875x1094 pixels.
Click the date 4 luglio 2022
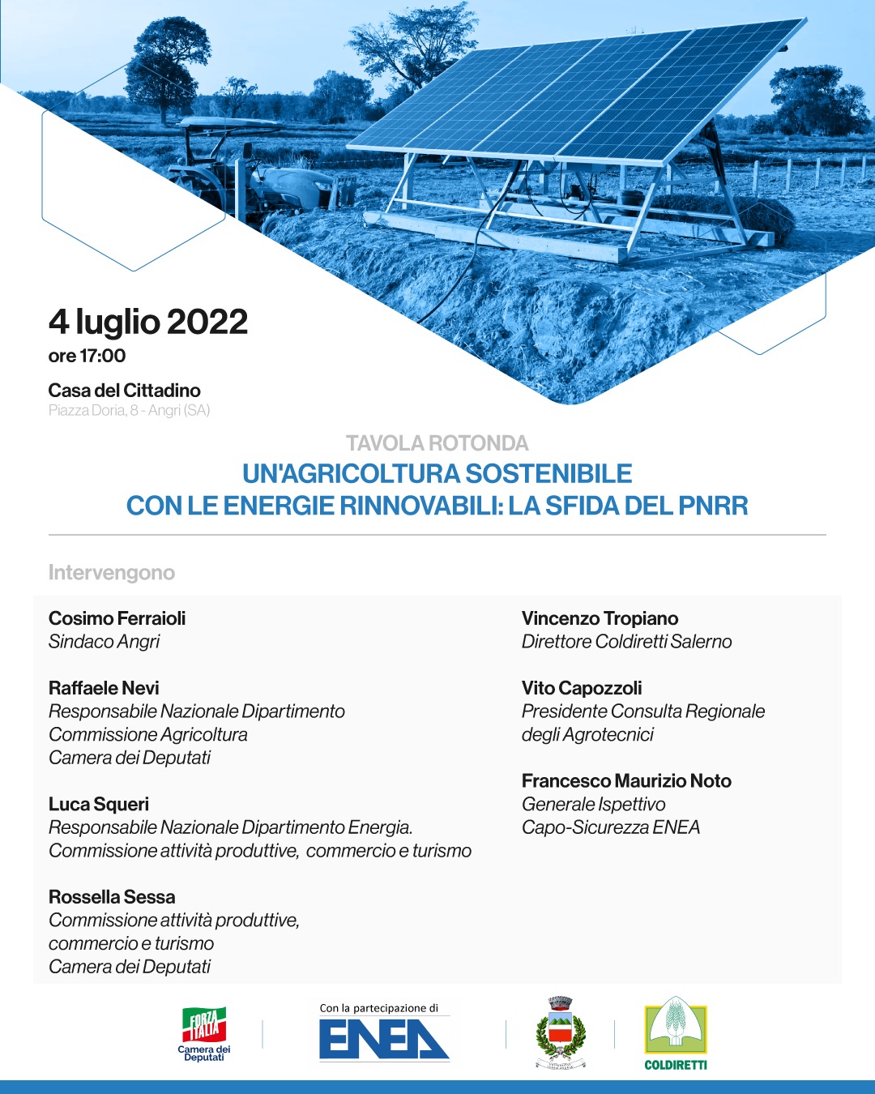tap(148, 322)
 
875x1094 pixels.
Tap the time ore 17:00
tap(87, 356)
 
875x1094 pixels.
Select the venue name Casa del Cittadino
tap(124, 390)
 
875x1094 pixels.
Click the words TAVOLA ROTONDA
tap(437, 443)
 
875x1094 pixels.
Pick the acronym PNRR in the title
tap(713, 506)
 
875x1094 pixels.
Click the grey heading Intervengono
tap(112, 572)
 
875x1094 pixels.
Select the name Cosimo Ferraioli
tap(117, 618)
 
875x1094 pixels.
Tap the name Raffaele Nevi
tap(104, 688)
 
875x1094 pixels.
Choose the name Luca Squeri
tap(99, 804)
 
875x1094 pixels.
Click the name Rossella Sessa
tap(112, 897)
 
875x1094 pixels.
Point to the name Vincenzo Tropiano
tap(600, 618)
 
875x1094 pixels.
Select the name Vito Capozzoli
tap(582, 688)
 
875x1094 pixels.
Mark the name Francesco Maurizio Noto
tap(626, 781)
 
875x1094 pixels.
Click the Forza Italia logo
tap(204, 1033)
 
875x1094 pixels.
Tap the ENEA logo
tap(383, 1037)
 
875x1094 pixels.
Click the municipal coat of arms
tap(561, 1032)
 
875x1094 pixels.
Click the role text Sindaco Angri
tap(104, 642)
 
